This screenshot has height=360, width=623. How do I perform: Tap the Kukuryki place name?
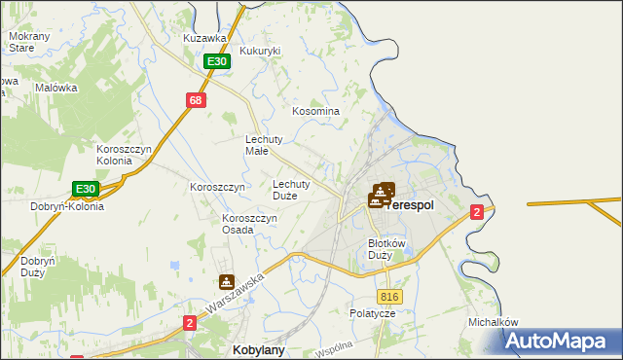click(x=260, y=51)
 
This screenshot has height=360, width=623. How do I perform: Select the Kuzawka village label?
click(x=204, y=38)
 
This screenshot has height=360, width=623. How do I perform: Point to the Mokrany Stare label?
click(x=21, y=42)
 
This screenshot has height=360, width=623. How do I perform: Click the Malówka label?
click(x=55, y=88)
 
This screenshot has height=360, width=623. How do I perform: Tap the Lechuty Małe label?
click(x=263, y=145)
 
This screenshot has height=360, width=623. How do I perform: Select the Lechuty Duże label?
click(x=291, y=190)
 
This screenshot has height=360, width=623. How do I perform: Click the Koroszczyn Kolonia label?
click(x=123, y=155)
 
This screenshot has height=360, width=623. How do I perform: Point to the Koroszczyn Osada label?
click(x=251, y=225)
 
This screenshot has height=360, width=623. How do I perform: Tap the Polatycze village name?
click(x=373, y=314)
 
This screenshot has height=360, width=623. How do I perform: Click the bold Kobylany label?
click(x=258, y=348)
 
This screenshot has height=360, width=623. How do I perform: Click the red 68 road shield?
click(x=197, y=100)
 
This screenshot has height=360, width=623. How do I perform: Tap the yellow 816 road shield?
click(x=390, y=297)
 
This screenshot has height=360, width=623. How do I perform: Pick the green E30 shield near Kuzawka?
click(x=217, y=61)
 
